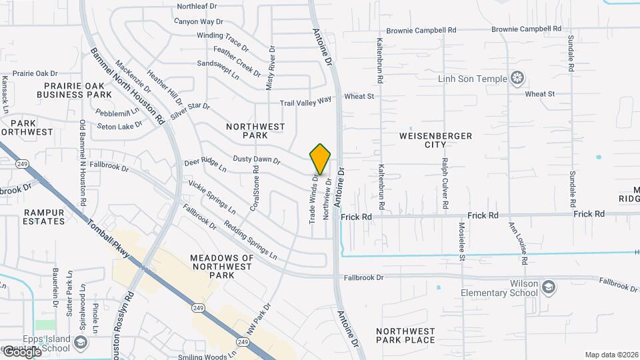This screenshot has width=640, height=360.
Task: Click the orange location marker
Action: click(x=321, y=159)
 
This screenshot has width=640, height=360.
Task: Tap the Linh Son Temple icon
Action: click(x=517, y=79)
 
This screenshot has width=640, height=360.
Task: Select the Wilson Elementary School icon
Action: click(x=548, y=287)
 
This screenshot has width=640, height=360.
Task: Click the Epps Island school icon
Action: click(x=81, y=343)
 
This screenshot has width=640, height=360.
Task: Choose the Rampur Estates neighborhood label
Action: click(x=44, y=217)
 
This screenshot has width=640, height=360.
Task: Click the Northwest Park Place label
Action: click(x=405, y=335)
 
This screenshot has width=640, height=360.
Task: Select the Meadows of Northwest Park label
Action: click(x=222, y=266)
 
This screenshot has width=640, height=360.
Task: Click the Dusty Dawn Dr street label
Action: click(x=257, y=159)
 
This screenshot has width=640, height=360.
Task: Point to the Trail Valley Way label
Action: click(x=305, y=101)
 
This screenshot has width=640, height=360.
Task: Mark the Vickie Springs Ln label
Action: click(x=212, y=197)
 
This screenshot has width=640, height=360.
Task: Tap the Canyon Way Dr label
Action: click(x=198, y=21)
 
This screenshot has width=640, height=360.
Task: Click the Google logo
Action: click(x=21, y=351)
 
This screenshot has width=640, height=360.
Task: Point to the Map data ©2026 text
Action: click(x=611, y=355)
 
